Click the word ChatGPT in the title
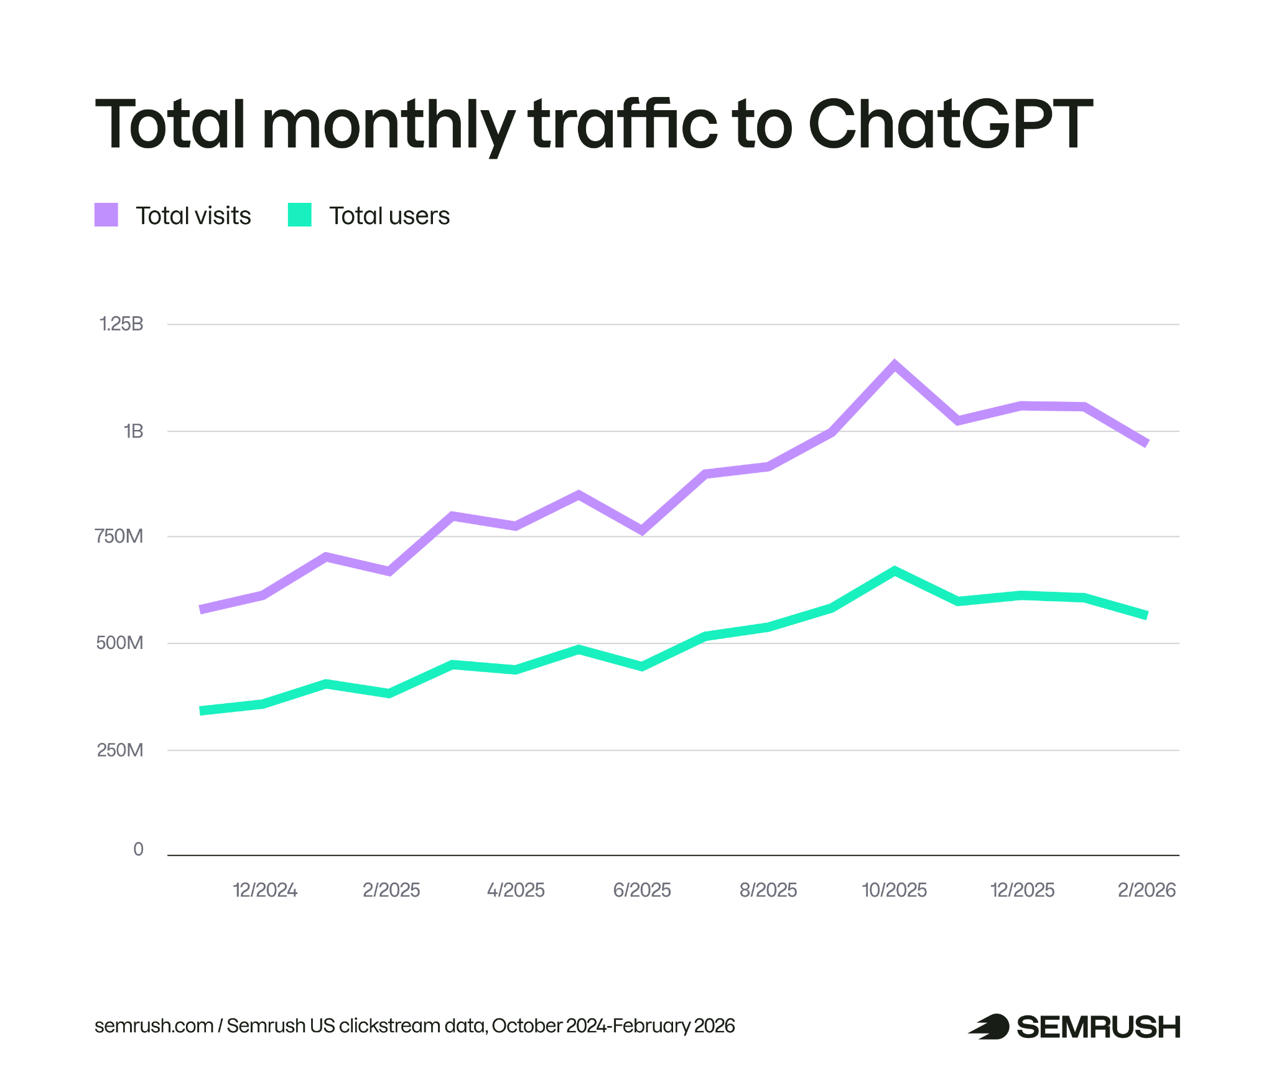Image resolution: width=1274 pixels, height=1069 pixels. tap(950, 124)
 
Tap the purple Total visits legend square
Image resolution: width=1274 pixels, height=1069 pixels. tap(106, 215)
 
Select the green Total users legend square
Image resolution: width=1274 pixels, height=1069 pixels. tap(299, 215)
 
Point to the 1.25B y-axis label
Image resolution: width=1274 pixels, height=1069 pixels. tap(121, 324)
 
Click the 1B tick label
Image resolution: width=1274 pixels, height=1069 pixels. tap(133, 431)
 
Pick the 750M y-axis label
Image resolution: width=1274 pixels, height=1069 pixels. tap(119, 536)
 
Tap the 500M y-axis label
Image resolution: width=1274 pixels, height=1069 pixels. tap(119, 642)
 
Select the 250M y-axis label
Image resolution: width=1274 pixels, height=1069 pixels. tap(120, 750)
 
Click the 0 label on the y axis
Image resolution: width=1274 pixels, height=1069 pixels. tap(138, 849)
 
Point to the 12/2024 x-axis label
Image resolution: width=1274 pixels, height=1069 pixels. tap(265, 890)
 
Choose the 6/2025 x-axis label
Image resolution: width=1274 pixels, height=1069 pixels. tap(642, 890)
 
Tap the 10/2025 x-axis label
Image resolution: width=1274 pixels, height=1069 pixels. tap(894, 890)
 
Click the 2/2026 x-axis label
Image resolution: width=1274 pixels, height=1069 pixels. tap(1146, 890)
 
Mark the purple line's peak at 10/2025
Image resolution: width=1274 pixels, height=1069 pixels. tap(894, 365)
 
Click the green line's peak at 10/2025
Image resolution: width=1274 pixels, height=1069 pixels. tap(894, 571)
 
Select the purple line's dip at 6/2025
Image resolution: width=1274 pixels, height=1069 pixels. tap(642, 530)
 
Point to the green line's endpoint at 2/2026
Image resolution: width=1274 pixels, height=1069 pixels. tap(1146, 615)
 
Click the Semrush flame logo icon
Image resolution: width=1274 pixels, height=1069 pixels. tap(989, 1026)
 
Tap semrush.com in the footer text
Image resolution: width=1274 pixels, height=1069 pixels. tap(154, 1025)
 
